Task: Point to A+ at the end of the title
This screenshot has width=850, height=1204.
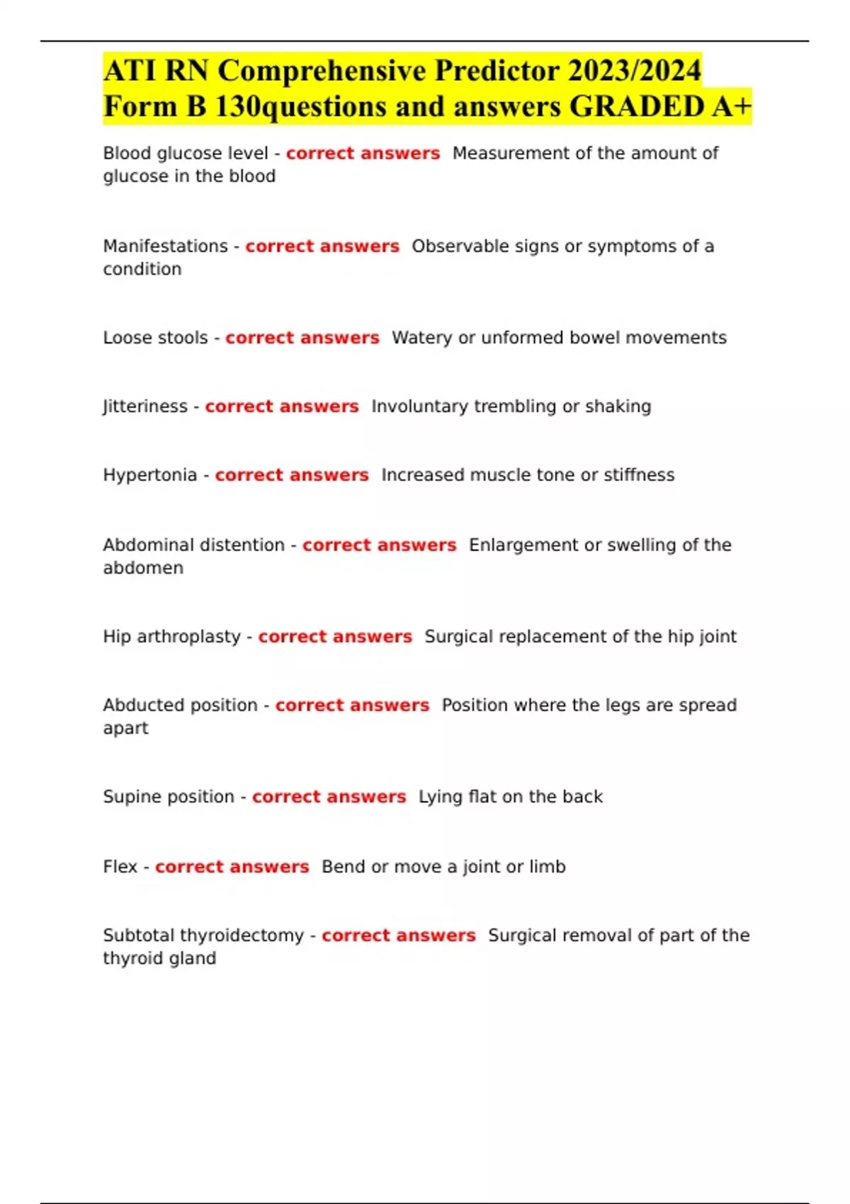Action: [x=732, y=107]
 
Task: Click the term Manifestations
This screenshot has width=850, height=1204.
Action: [x=165, y=246]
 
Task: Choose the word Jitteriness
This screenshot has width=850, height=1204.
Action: [x=145, y=407]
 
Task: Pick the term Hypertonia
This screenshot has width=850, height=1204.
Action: [x=149, y=475]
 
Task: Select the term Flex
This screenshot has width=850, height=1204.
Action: [x=120, y=867]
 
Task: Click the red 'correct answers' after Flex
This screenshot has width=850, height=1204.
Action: [x=232, y=867]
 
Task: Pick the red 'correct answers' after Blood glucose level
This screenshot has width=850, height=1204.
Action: [x=363, y=154]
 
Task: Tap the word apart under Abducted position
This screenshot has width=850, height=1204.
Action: [x=125, y=728]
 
